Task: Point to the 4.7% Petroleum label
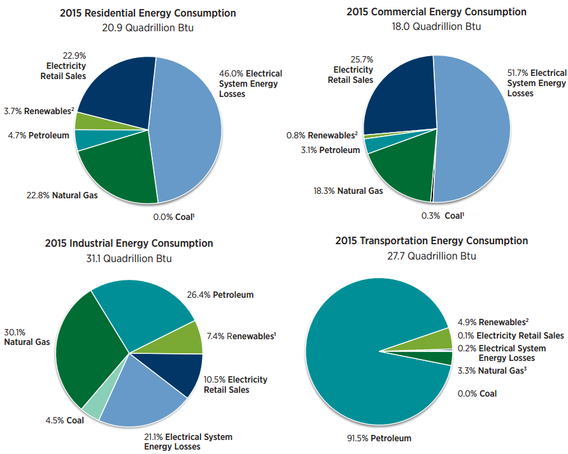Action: click(x=39, y=135)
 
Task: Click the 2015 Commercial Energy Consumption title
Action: click(x=436, y=12)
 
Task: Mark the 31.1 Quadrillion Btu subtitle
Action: click(x=129, y=258)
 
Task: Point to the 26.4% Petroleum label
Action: click(x=220, y=295)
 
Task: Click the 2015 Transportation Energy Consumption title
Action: click(x=431, y=241)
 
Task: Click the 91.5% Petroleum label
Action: click(x=374, y=438)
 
